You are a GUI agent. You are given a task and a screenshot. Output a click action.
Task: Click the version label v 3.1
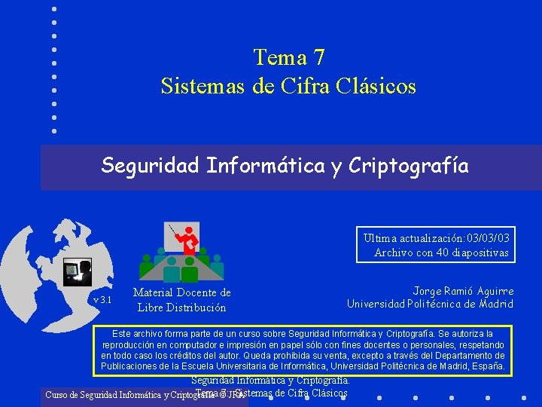(102, 300)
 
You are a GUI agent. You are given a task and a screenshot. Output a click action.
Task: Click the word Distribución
(193, 307)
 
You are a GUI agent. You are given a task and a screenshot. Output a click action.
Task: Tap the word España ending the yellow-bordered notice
(489, 366)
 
